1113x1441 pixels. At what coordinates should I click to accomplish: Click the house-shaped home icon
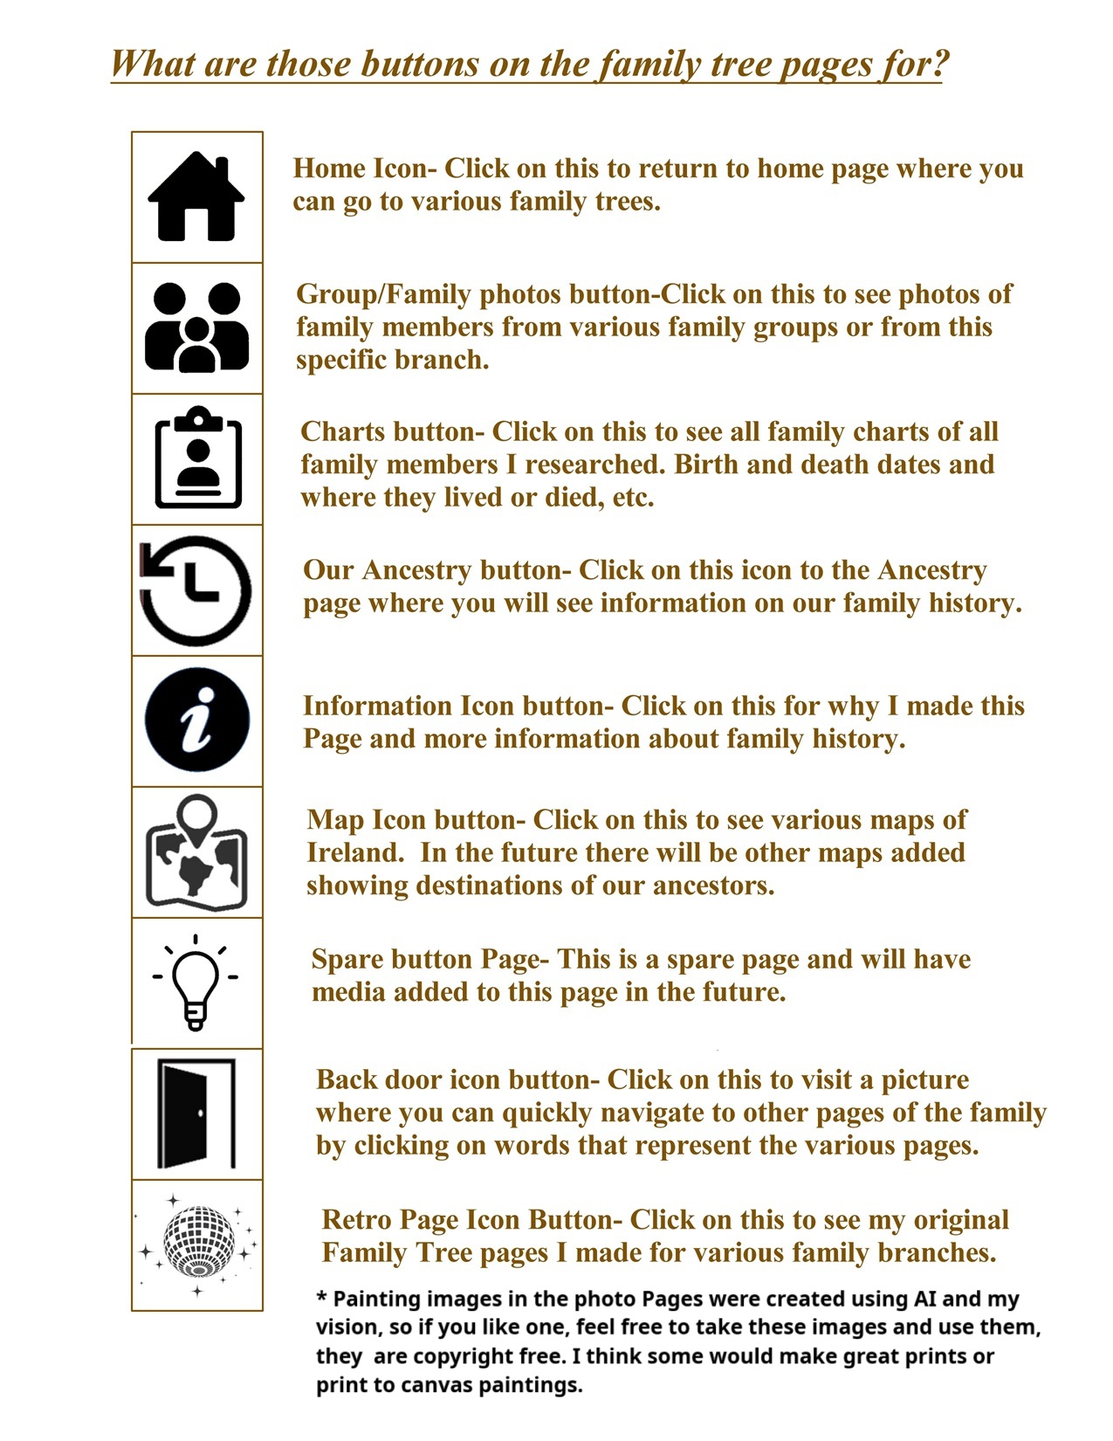click(196, 196)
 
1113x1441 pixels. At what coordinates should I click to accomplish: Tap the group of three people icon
click(196, 327)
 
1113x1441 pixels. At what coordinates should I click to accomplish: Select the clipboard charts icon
click(198, 458)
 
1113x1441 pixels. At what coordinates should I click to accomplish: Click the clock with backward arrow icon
click(196, 590)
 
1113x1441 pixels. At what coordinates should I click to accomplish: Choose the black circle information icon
click(197, 721)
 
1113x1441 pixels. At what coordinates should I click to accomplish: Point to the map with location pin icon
click(196, 852)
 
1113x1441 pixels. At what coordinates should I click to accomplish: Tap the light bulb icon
click(196, 982)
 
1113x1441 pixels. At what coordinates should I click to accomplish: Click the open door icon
click(196, 1114)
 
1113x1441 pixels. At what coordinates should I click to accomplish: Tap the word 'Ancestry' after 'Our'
click(416, 570)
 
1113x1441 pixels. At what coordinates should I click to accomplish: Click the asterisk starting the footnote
click(321, 1299)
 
